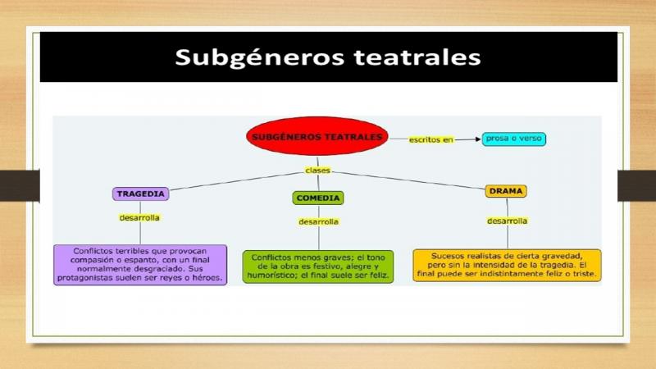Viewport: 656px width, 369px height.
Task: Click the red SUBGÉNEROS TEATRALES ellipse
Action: (317, 136)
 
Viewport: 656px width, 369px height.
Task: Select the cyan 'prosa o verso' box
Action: (514, 139)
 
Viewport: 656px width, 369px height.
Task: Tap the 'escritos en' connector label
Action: (431, 139)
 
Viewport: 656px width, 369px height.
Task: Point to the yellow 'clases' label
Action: (317, 171)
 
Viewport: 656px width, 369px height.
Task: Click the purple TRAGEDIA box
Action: (140, 194)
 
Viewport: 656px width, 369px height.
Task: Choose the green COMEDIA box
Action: (318, 198)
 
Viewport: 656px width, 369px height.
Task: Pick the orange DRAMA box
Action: (506, 191)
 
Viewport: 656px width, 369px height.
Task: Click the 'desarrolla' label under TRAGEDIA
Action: (139, 217)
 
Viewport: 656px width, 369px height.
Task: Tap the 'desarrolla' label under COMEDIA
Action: (318, 221)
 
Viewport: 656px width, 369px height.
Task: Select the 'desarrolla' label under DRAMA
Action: (507, 221)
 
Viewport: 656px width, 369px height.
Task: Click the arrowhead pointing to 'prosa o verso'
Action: (478, 139)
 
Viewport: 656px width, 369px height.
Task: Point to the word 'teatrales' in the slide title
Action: (417, 57)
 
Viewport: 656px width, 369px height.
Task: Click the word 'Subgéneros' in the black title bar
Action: (259, 57)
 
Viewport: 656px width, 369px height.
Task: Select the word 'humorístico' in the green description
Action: (272, 276)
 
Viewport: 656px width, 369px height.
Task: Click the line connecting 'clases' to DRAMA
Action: (408, 180)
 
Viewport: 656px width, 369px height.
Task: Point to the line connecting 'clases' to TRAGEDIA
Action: (237, 181)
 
